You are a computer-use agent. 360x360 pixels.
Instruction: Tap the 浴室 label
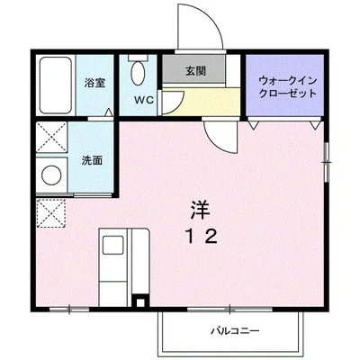[95, 83]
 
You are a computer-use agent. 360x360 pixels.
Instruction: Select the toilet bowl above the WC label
[138, 72]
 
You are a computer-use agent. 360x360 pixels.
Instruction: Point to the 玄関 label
[197, 70]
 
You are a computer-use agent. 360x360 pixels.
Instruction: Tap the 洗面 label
[92, 162]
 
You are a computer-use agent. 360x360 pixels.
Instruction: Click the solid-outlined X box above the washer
[50, 139]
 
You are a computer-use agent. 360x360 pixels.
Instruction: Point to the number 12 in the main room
[201, 238]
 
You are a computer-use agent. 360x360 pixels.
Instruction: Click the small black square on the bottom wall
[138, 302]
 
